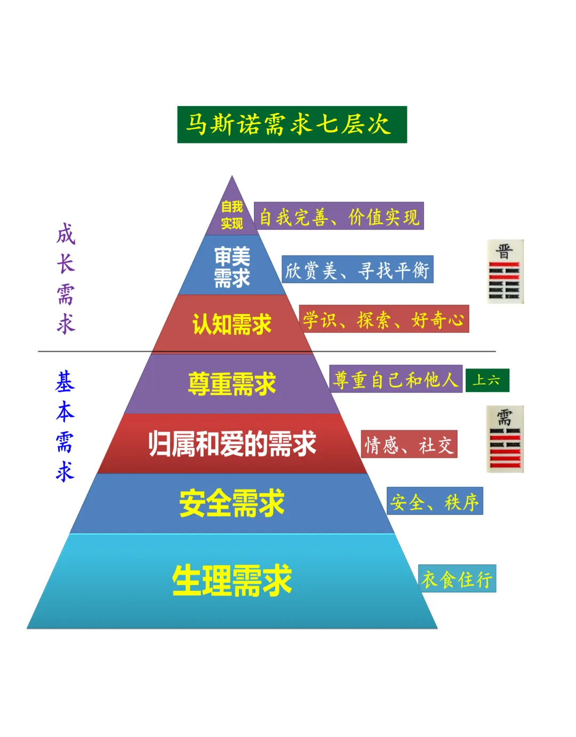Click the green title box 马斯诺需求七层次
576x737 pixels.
tap(292, 125)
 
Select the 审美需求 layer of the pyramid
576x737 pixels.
tap(232, 267)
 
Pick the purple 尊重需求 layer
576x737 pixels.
tap(232, 384)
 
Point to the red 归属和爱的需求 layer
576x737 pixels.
tap(232, 444)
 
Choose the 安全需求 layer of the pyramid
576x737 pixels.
tap(232, 503)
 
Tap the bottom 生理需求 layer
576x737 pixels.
tap(232, 580)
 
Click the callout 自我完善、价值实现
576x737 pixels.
tap(339, 216)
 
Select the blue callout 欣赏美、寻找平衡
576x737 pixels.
tap(357, 269)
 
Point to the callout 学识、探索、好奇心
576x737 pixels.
tap(384, 319)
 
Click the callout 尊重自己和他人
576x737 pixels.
tap(396, 379)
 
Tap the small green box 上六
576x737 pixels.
tap(487, 380)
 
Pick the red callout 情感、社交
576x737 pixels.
tap(409, 444)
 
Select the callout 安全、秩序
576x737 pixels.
tap(435, 501)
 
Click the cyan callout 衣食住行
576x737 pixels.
tap(457, 579)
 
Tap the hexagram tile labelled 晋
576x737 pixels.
tap(505, 272)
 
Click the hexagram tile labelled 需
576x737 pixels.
tap(505, 439)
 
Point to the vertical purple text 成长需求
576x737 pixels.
tap(66, 279)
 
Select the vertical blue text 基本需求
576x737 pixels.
tap(65, 427)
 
